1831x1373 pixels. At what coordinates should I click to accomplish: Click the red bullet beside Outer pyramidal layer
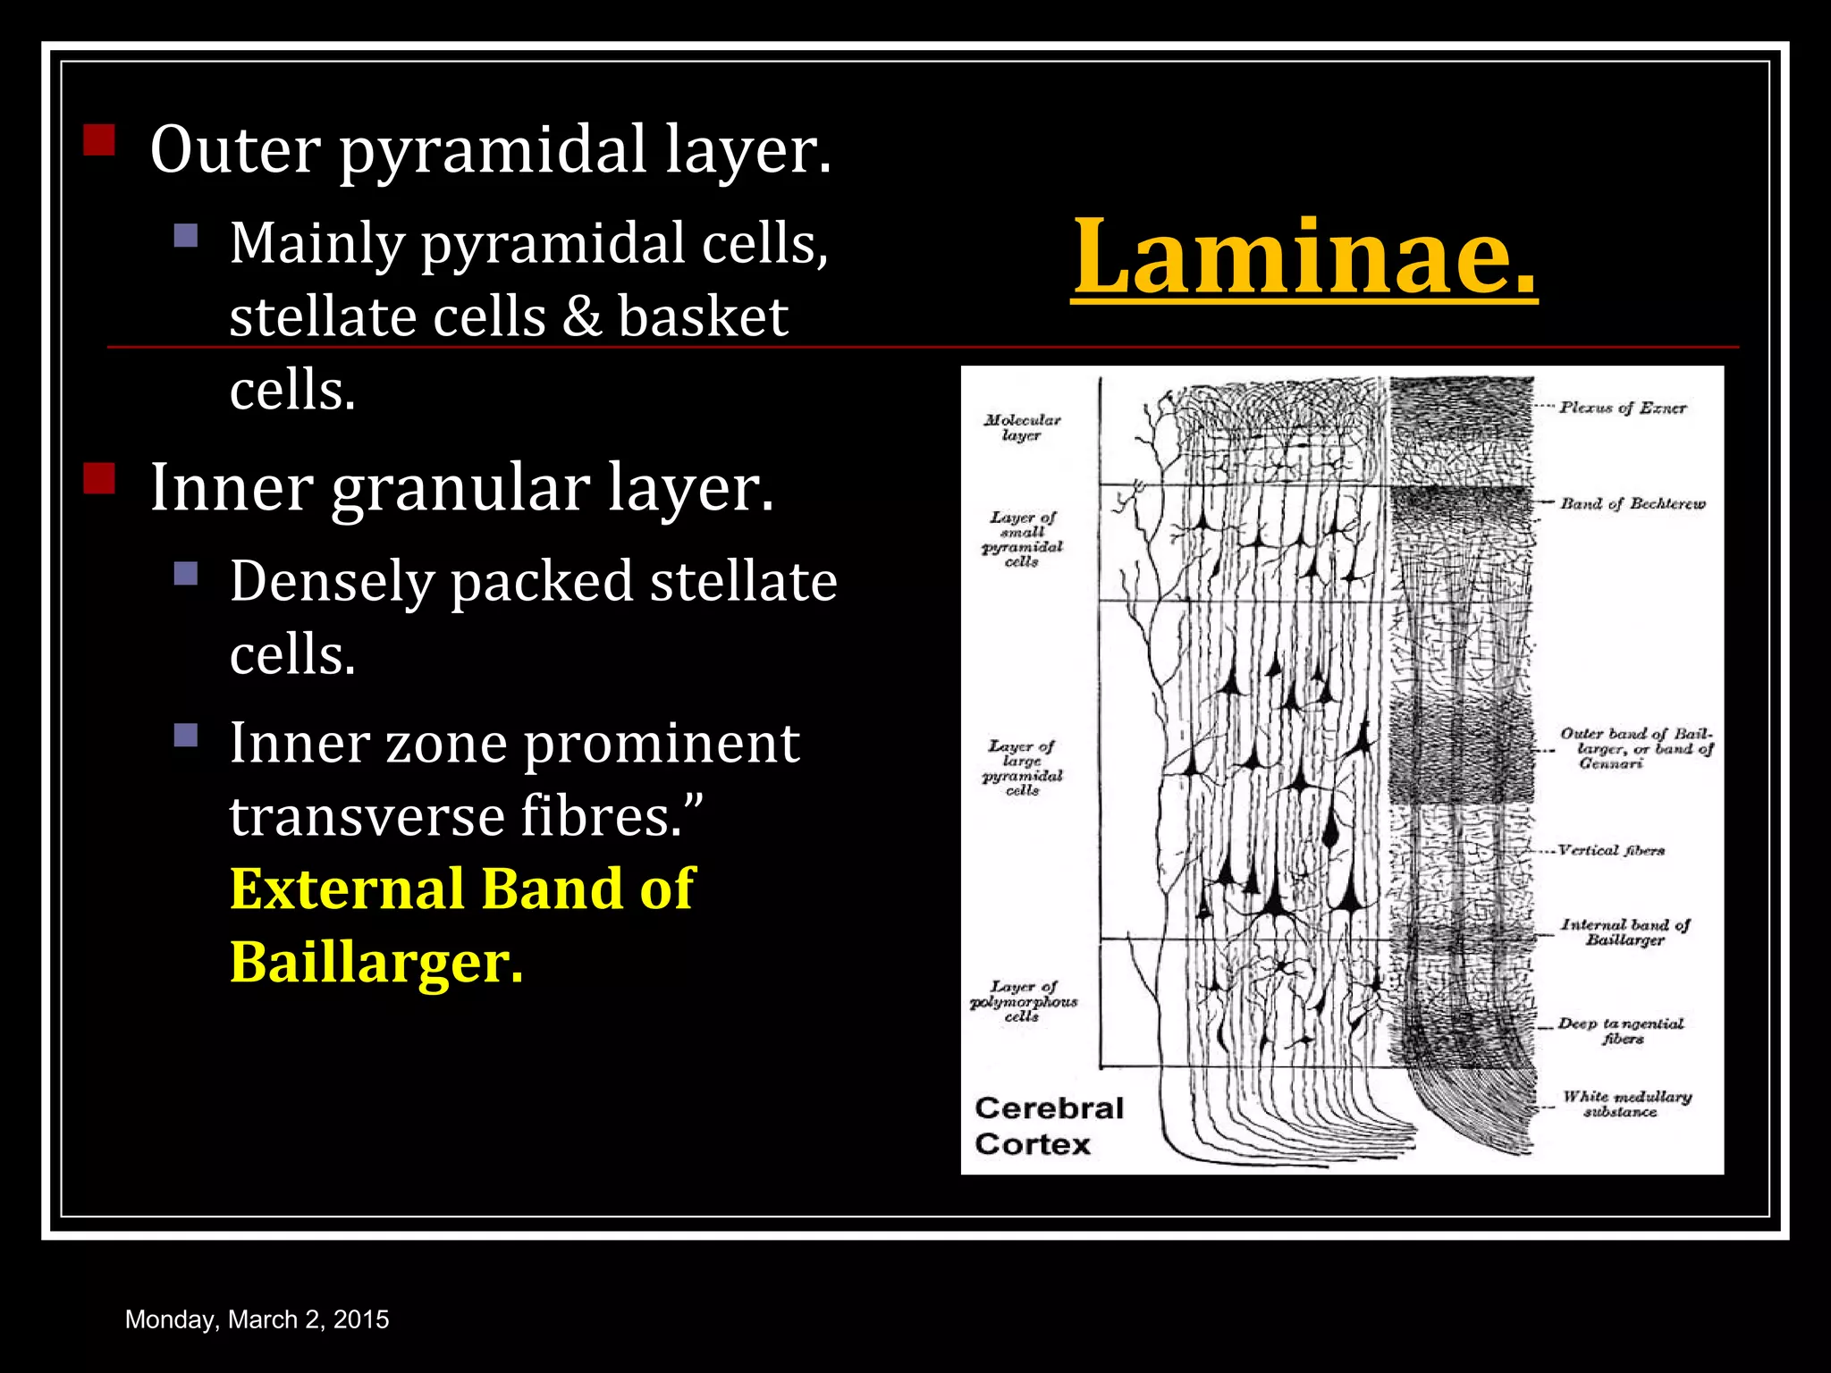(99, 140)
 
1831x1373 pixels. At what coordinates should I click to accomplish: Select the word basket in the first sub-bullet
(703, 316)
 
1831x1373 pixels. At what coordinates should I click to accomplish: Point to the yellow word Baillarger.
(375, 962)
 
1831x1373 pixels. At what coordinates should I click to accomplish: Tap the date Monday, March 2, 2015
(257, 1319)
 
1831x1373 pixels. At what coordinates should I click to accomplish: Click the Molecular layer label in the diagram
(1022, 427)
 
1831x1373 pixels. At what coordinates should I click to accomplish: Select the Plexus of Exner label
(1623, 408)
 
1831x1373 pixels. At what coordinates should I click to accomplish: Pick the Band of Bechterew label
(1633, 503)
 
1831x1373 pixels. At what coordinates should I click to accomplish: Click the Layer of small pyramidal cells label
(1022, 539)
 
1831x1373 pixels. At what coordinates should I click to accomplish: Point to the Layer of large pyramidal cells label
(1022, 768)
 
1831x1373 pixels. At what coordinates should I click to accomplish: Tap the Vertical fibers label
(1611, 850)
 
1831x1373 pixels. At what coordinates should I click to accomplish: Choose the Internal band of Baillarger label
(1625, 931)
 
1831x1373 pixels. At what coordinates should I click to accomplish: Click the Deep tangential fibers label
(1621, 1031)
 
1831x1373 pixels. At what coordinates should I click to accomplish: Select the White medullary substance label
(1626, 1103)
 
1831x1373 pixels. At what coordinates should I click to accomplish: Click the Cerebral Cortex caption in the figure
(1048, 1126)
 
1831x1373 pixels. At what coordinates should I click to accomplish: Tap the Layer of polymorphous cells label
(1023, 1001)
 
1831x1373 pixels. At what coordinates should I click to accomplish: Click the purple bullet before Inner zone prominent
(186, 735)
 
